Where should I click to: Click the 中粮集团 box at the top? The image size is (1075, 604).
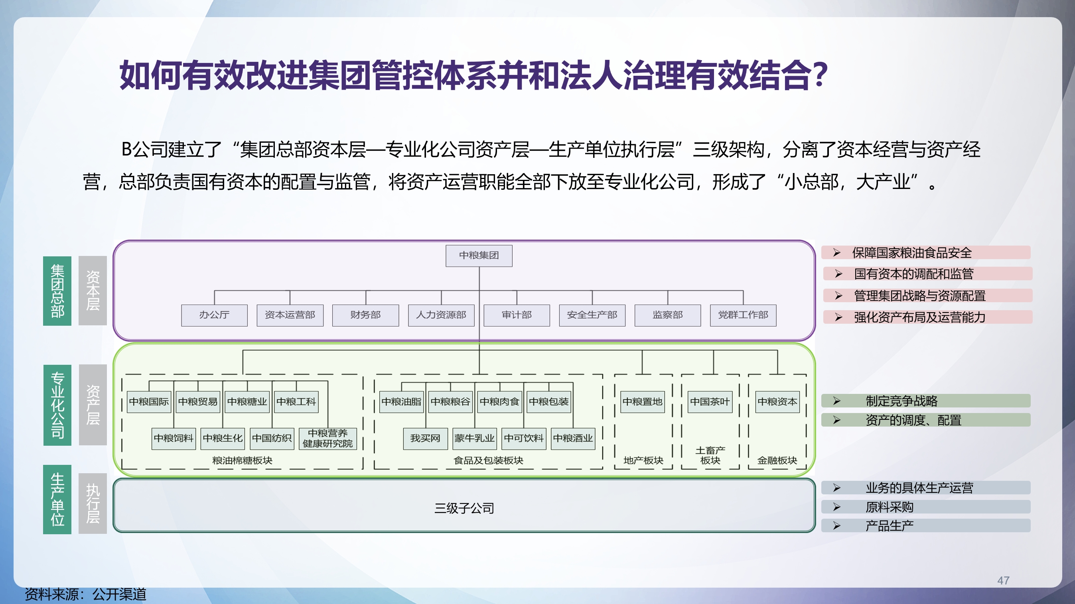pos(479,255)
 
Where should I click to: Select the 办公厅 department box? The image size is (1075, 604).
pos(214,315)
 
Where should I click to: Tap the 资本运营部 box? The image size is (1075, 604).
pos(290,315)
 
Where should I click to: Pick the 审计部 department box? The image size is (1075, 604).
pos(516,315)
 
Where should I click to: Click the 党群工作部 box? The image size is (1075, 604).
pos(743,315)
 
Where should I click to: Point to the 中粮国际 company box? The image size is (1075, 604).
pos(148,402)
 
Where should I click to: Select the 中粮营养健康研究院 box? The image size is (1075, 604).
pos(327,439)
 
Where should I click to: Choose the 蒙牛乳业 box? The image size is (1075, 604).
pos(475,439)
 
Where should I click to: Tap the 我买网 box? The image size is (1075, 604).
pos(425,439)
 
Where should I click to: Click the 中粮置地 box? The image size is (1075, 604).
pos(642,402)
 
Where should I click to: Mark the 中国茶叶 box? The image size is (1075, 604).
pos(710,402)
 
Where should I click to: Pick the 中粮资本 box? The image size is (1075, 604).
pos(777,402)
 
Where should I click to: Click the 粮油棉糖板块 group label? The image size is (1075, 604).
pos(242,460)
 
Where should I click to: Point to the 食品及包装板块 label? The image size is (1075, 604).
pos(488,460)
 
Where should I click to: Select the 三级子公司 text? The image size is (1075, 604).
pos(464,508)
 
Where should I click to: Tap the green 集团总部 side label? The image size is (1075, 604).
pos(57,291)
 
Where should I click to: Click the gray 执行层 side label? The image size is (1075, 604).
pos(93,504)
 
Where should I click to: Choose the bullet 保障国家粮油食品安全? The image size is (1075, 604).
pos(912,253)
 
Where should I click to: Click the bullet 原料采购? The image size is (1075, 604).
pos(889,507)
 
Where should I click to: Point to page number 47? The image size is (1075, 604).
pos(1003,580)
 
